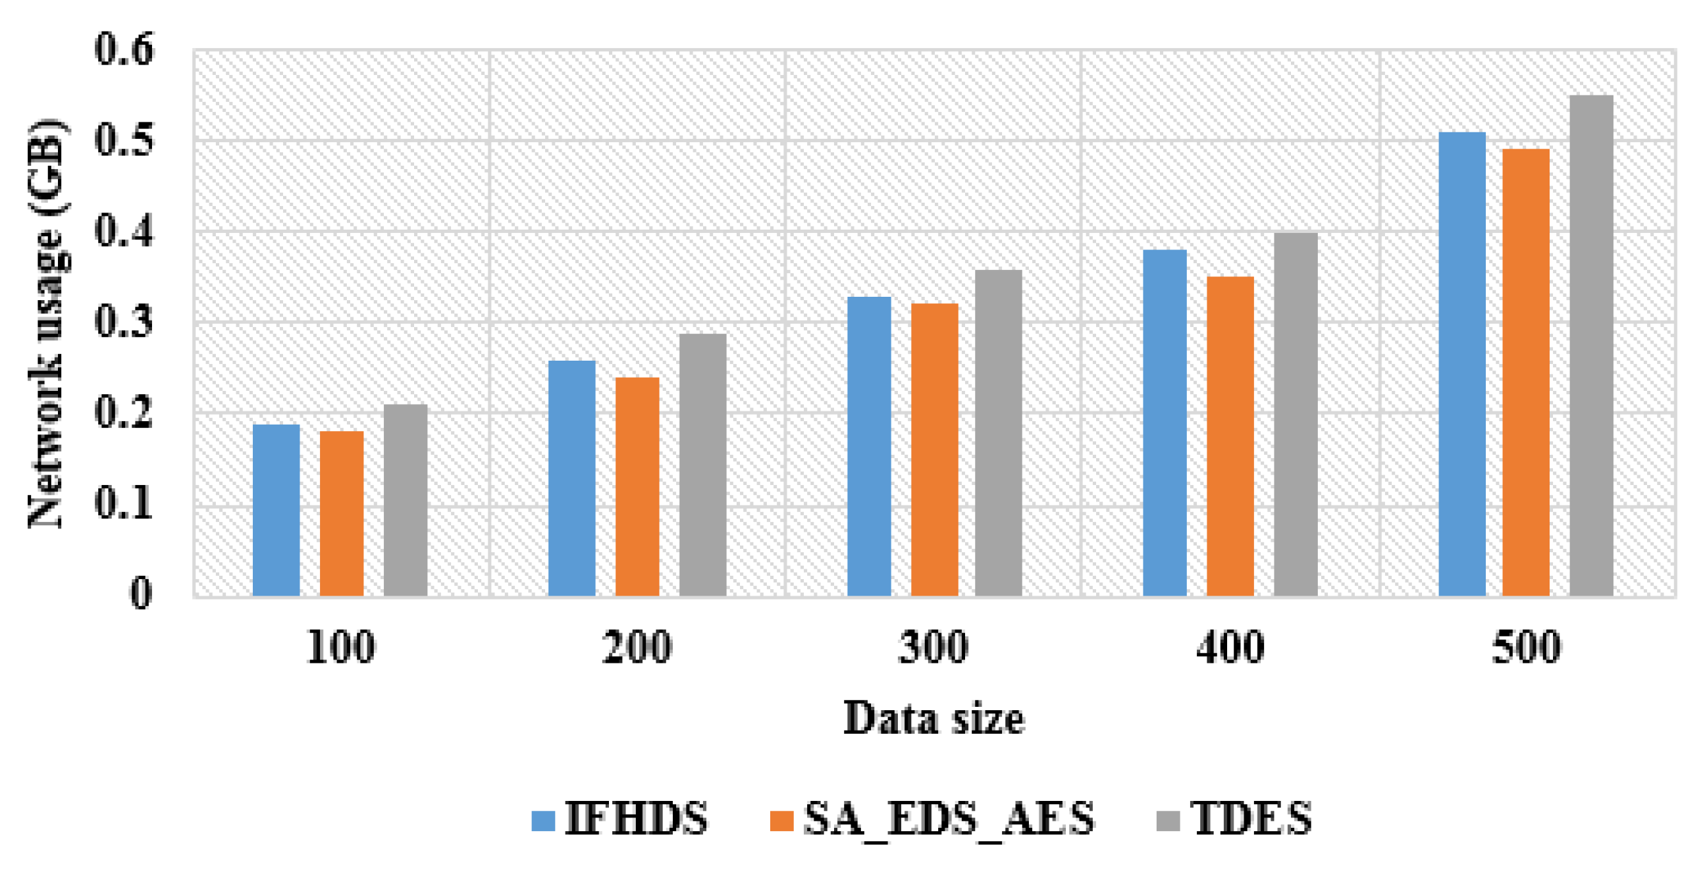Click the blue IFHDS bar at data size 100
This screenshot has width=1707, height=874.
pos(276,510)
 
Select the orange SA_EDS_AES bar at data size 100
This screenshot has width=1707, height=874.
pos(341,513)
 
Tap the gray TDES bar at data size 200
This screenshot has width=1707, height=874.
pos(702,464)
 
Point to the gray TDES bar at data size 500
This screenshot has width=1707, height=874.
pos(1590,345)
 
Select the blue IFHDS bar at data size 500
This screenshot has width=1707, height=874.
pos(1462,364)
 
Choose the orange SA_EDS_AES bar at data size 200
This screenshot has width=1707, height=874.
pos(637,486)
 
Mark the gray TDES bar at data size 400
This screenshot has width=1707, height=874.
pos(1296,414)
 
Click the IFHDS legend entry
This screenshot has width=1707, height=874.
pos(619,818)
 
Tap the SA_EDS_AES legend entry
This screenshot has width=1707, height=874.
pos(931,818)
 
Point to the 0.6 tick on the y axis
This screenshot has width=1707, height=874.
pos(124,49)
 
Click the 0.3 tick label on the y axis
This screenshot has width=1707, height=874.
pos(124,322)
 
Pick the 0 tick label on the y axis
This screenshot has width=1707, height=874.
pos(140,593)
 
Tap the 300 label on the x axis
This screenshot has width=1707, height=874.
pos(933,648)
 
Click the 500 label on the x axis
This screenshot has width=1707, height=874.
pos(1526,648)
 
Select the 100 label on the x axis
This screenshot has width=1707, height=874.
pos(340,648)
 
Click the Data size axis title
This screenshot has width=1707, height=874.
pos(933,718)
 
